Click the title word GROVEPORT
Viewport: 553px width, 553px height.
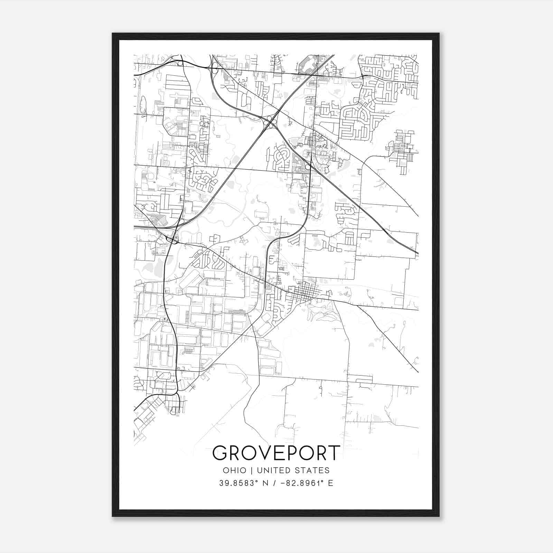click(276, 453)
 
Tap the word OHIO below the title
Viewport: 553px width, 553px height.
click(235, 470)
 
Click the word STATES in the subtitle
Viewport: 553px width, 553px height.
click(313, 470)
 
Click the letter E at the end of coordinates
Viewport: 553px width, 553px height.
click(331, 483)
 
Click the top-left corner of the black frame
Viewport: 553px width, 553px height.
click(113, 34)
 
